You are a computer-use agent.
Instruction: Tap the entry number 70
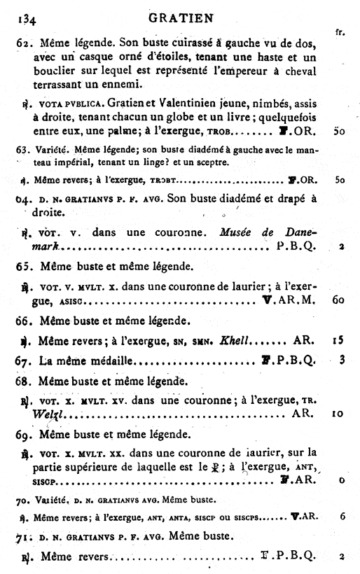(x=22, y=500)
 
